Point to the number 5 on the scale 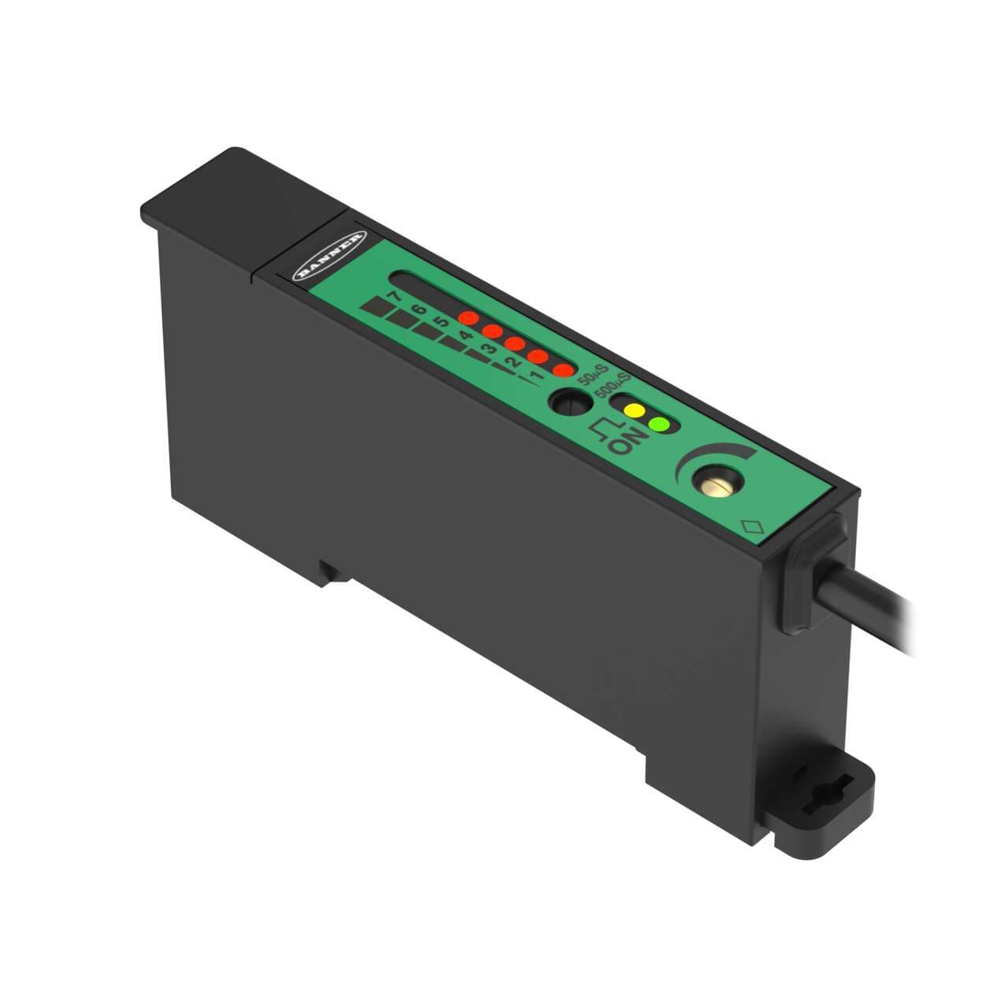tap(442, 321)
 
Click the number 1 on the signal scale tap(537, 375)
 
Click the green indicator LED tap(659, 425)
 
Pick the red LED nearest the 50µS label tap(562, 370)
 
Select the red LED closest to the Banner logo tap(469, 319)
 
